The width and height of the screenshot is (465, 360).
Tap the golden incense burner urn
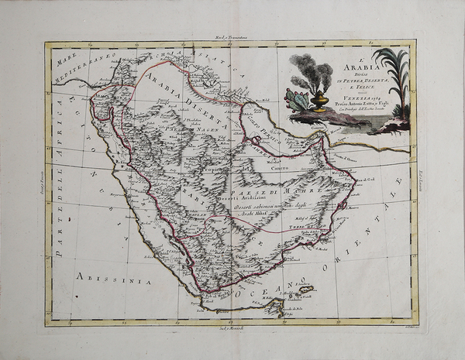point(319,101)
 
